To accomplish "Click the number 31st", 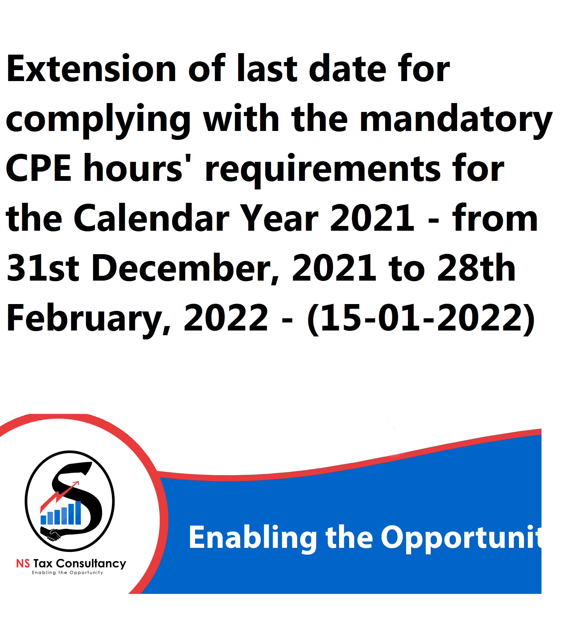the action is tap(43, 268).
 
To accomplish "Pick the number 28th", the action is tap(476, 268).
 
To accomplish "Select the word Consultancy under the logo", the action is tap(91, 564).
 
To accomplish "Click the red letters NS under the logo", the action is tap(23, 564).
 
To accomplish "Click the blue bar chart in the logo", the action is tap(61, 513).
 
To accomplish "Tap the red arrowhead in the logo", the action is tap(76, 484).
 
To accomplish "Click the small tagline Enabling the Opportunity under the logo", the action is tap(67, 573).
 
